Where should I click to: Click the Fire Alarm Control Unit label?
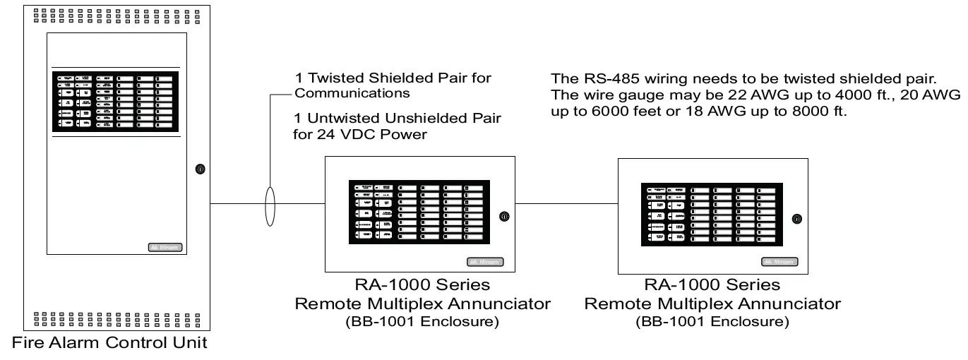click(x=109, y=344)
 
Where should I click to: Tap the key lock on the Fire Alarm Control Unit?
click(x=200, y=169)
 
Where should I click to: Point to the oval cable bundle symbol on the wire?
click(x=270, y=205)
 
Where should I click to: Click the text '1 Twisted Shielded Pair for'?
click(x=393, y=78)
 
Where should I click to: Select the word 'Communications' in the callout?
click(x=352, y=93)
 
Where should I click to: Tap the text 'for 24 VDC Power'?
click(x=360, y=134)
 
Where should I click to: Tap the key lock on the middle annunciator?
click(x=503, y=216)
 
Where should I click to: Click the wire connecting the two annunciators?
click(x=567, y=204)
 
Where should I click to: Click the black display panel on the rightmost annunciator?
click(x=710, y=215)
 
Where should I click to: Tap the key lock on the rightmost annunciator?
click(x=796, y=219)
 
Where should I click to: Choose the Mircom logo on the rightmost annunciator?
click(x=779, y=262)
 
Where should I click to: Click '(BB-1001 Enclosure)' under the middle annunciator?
click(x=422, y=322)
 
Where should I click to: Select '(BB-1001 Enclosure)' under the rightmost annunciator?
click(x=712, y=322)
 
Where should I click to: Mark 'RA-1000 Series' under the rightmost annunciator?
click(x=712, y=285)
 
